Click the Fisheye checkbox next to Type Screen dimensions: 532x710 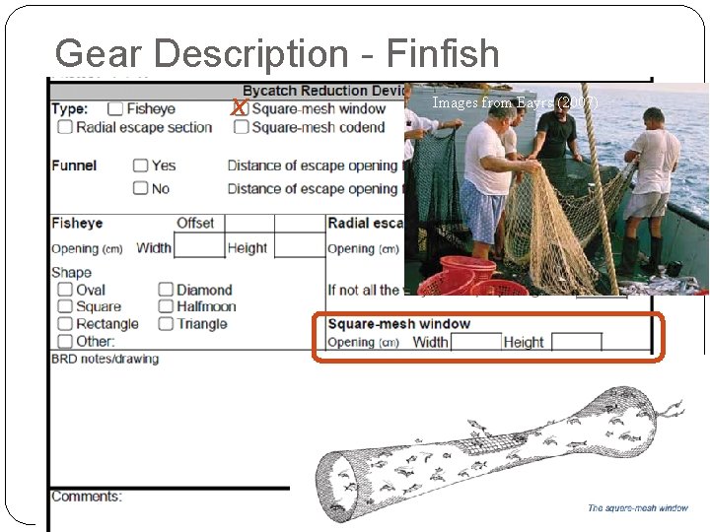click(115, 109)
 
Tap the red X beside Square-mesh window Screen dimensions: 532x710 click(238, 108)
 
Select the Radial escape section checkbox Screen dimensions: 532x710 click(65, 127)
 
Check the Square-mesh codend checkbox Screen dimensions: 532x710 click(241, 127)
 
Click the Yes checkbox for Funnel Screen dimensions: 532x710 click(141, 166)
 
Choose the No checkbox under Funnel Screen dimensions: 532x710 click(141, 188)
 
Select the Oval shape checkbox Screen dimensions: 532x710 click(65, 290)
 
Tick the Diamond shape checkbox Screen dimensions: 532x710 click(166, 290)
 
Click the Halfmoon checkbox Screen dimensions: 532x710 click(166, 306)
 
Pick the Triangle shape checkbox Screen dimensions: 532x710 click(166, 323)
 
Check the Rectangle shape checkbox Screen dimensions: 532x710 click(65, 323)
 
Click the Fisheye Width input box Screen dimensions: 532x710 click(198, 247)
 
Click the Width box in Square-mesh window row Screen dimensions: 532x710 click(475, 343)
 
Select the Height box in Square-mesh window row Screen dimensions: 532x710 click(576, 343)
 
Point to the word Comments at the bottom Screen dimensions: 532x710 click(87, 496)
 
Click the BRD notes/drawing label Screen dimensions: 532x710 click(105, 359)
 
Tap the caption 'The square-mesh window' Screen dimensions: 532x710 click(637, 508)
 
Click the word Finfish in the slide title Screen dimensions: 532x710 click(444, 53)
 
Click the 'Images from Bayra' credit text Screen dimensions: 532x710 click(514, 102)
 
